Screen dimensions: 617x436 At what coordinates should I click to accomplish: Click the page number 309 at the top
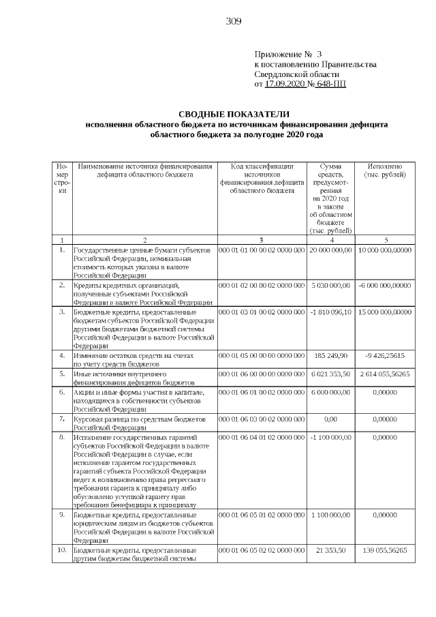point(234,21)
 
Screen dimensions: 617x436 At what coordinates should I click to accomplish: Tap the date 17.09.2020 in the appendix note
point(285,85)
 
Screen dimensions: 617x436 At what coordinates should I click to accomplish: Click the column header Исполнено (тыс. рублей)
point(385,170)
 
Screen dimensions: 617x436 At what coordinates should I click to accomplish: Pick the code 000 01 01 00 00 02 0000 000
point(262,250)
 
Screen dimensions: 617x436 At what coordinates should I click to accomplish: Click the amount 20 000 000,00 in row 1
point(330,250)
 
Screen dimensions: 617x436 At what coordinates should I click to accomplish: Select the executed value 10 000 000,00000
point(385,250)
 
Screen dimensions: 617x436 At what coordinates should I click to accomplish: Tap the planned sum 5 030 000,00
point(330,285)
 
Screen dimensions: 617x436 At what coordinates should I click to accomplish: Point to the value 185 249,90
point(330,356)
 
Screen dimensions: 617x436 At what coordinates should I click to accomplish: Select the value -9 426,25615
point(385,356)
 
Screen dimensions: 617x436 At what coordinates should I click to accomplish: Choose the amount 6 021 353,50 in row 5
point(330,374)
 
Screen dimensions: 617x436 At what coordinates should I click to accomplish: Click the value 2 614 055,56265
point(385,374)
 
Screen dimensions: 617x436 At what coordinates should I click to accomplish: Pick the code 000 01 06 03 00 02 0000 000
point(262,419)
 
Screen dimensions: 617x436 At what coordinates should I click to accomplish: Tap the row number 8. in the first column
point(61,436)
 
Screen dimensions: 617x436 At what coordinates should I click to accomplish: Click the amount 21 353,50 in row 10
point(330,550)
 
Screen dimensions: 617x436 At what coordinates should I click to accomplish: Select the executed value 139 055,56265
point(385,550)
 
